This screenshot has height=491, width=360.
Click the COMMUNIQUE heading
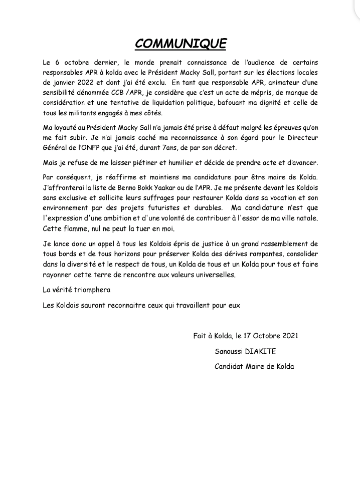click(x=181, y=44)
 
